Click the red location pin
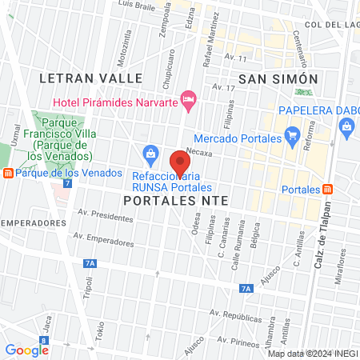coord(180,163)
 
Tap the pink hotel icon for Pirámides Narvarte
coord(189,100)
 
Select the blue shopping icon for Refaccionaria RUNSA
coord(150,153)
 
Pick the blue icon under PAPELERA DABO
coord(346,125)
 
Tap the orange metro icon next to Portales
coord(328,190)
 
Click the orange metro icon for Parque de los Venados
coord(7,172)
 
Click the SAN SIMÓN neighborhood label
coord(279,78)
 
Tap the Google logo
coord(26,350)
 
